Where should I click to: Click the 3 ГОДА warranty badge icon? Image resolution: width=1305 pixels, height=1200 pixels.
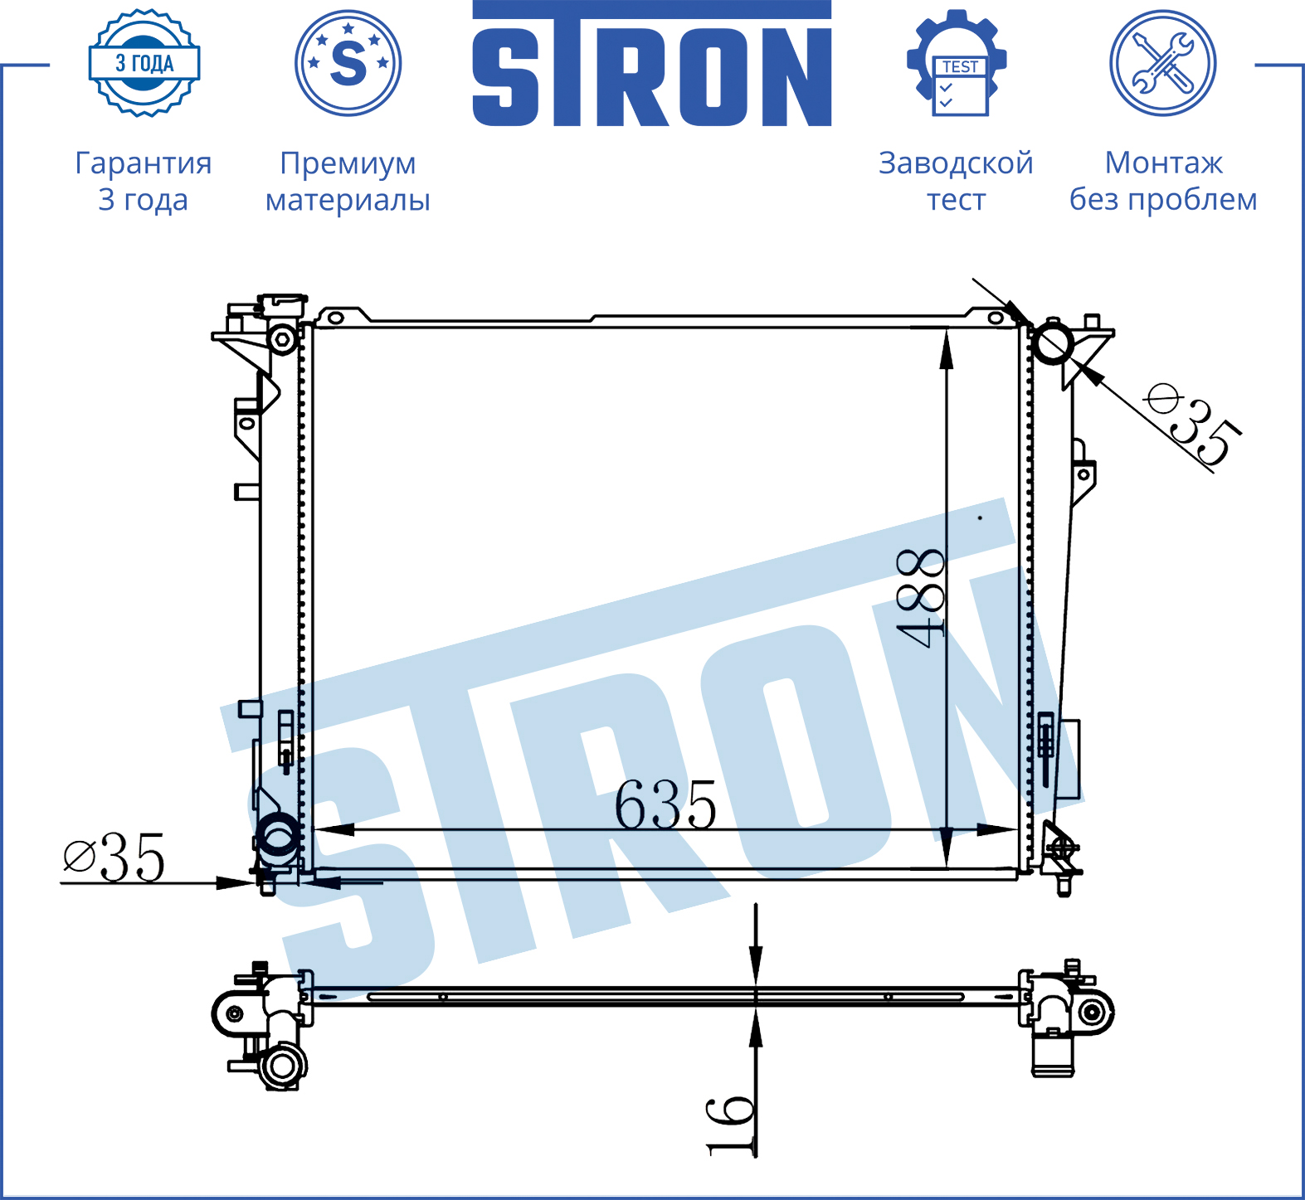pos(144,63)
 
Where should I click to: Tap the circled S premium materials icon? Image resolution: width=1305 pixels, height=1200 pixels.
pos(348,63)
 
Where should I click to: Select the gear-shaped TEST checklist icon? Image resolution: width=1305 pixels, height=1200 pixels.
pos(957,63)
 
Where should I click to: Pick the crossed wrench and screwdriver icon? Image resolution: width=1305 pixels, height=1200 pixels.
pos(1163,63)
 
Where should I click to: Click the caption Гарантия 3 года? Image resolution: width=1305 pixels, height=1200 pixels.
pos(144,181)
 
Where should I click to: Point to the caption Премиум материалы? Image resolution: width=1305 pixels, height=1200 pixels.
pos(348,181)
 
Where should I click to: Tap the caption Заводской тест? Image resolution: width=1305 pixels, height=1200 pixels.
pos(956,181)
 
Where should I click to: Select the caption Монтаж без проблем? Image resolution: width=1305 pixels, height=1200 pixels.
pos(1163,181)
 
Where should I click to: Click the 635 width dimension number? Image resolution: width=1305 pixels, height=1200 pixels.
pos(665,804)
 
